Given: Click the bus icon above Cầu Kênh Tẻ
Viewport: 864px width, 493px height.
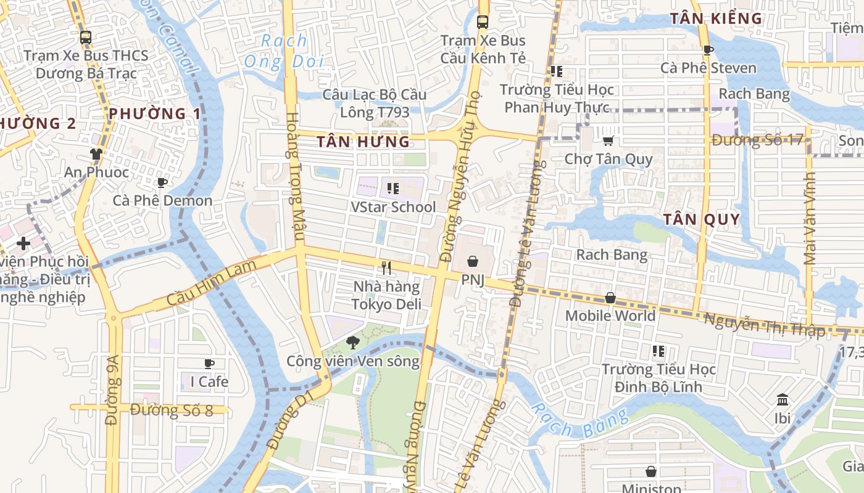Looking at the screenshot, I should pos(483,22).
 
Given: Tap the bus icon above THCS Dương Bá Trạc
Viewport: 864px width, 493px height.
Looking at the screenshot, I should pos(86,37).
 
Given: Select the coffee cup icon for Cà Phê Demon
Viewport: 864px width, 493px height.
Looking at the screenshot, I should pos(162,182).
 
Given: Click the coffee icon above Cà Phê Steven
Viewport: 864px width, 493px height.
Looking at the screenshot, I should pos(708,50).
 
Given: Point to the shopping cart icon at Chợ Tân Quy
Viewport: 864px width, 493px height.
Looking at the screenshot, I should pos(608,141).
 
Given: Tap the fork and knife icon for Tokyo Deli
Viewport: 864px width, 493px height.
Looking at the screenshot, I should pos(386,268).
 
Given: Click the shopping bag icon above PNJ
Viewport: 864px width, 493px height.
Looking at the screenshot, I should pos(473,262).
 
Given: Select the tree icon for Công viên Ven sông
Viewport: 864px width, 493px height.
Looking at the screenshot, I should pos(352,343).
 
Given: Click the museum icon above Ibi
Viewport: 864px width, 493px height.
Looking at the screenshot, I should pos(782,399).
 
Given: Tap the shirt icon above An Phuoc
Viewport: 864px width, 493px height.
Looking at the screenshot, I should pos(96,153).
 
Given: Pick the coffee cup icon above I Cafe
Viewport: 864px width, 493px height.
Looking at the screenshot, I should pos(209,364).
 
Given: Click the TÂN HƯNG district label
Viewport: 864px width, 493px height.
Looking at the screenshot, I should pos(363,142).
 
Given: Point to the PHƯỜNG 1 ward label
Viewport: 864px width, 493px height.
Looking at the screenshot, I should pos(155,113).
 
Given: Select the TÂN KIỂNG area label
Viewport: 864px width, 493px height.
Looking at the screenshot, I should pos(716,18).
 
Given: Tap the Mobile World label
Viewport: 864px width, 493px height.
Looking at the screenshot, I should pos(610,316).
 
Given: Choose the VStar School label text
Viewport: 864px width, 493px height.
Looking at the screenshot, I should pos(393,207).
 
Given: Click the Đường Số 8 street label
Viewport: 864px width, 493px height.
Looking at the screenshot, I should pos(172,410).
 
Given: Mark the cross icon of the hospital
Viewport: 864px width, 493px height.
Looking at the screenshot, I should pos(23,243).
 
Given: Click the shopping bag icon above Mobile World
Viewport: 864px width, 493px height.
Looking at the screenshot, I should pos(610,298).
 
